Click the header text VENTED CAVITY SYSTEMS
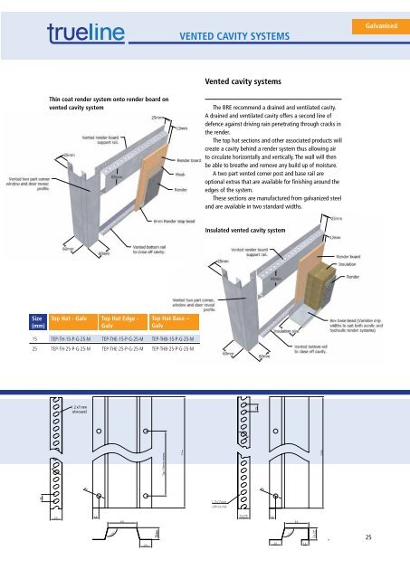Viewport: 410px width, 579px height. click(x=234, y=36)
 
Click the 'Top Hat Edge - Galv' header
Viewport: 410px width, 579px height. click(x=119, y=324)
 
